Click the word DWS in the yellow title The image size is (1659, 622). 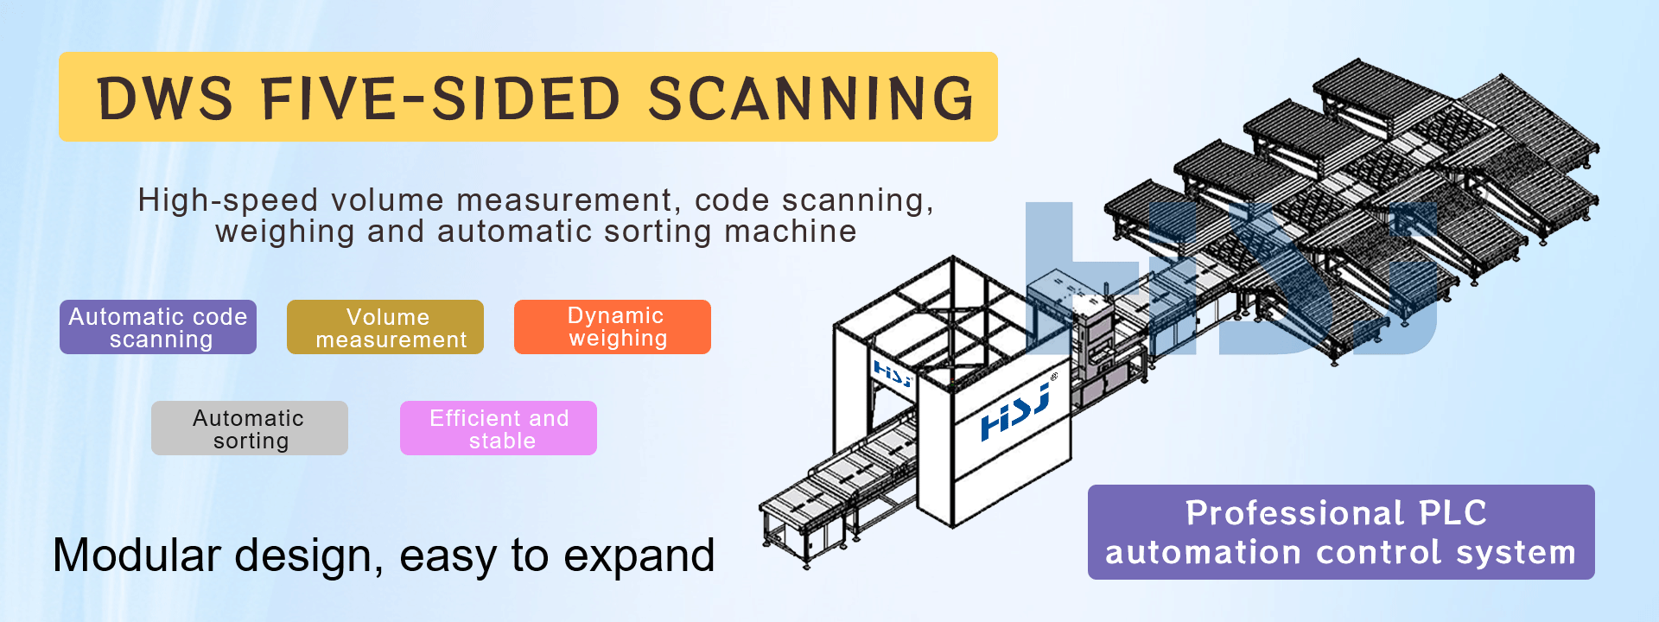click(164, 98)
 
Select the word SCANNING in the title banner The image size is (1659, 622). click(810, 98)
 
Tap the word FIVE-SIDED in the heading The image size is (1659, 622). click(441, 98)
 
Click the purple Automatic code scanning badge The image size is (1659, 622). click(158, 327)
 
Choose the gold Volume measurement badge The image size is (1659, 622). click(385, 327)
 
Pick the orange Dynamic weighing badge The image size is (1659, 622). click(613, 327)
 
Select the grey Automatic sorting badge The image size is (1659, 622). click(250, 428)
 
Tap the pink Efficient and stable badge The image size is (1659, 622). click(499, 428)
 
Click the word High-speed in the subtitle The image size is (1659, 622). click(228, 200)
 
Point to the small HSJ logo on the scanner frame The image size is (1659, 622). click(893, 373)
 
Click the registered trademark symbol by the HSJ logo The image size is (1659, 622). click(1054, 377)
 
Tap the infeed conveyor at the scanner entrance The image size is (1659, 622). click(829, 492)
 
